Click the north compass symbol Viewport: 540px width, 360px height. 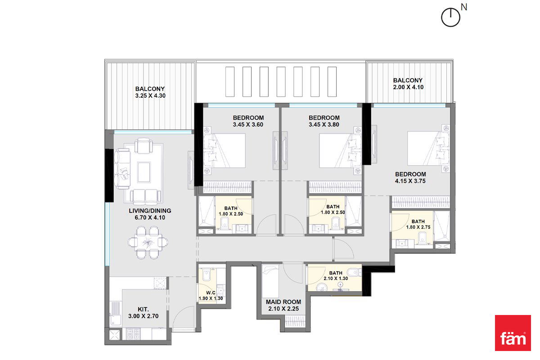click(x=450, y=17)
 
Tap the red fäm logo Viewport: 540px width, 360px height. click(x=513, y=333)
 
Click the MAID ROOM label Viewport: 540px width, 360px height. click(x=283, y=302)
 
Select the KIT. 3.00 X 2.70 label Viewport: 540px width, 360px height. click(x=144, y=312)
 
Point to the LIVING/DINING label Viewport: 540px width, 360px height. click(x=150, y=211)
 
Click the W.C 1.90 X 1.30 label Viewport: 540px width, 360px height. click(x=211, y=295)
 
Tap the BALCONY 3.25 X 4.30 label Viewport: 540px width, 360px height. click(x=150, y=92)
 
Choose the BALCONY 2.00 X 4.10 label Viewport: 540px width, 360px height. click(x=408, y=84)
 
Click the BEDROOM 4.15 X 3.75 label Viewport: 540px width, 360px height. click(x=410, y=177)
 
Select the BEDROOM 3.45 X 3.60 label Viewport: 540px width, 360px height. click(x=248, y=121)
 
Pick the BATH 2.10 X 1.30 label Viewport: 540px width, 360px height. click(x=336, y=275)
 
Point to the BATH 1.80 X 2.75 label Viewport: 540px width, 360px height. click(x=418, y=224)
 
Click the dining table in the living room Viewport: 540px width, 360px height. click(x=147, y=242)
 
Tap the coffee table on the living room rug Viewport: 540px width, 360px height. click(x=144, y=172)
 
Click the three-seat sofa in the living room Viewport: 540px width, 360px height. click(x=123, y=169)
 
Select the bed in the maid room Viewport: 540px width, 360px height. click(x=270, y=281)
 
